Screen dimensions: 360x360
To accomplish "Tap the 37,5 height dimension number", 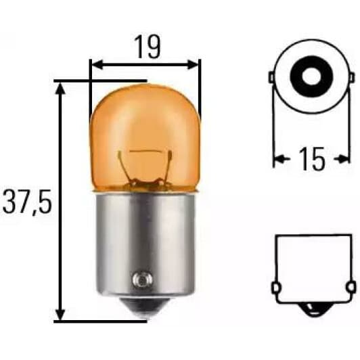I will (x=26, y=201).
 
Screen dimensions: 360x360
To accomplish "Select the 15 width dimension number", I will (x=311, y=159).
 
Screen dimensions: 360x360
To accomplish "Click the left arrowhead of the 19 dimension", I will (x=95, y=65).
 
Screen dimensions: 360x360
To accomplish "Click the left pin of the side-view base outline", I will (x=276, y=288).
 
